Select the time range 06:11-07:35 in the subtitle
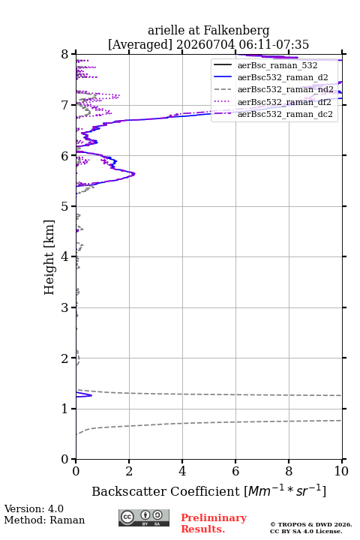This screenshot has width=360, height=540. pos(272,44)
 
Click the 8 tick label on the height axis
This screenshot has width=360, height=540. pos(65,54)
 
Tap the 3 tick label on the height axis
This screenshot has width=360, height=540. pos(65,307)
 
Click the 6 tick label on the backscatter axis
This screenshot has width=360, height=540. pos(235,471)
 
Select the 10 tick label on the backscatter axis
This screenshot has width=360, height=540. pos(342,471)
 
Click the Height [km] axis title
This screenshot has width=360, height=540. pos(49,257)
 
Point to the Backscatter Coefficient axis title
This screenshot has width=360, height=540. pos(208,490)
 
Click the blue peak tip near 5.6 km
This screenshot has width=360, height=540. pos(135,174)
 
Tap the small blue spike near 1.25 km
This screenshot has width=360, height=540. pos(91,395)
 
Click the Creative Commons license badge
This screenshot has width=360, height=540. pos(144,518)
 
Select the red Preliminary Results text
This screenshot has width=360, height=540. pos(214,523)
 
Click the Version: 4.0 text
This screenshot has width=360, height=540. pos(34,508)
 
